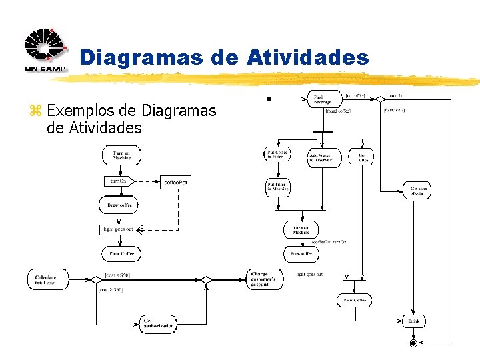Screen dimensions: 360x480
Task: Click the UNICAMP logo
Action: click(45, 50)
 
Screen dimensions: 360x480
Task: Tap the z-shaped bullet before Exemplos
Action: click(37, 111)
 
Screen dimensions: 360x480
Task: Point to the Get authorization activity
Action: click(158, 323)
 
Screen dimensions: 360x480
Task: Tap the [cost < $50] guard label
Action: click(117, 275)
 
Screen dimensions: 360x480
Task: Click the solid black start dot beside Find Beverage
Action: click(269, 99)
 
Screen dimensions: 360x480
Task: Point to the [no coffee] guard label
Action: click(355, 96)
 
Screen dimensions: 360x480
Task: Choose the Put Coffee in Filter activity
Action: click(277, 155)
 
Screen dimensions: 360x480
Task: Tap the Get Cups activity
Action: click(362, 157)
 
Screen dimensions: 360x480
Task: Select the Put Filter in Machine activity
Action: click(278, 187)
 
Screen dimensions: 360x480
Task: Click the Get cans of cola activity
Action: click(418, 191)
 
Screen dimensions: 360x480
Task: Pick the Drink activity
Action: click(414, 321)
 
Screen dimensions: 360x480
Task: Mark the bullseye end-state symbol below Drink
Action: click(413, 343)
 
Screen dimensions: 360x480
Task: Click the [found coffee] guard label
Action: click(337, 111)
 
